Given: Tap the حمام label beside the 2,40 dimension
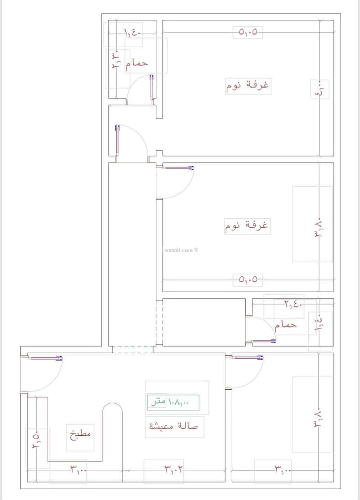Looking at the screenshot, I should (x=285, y=324).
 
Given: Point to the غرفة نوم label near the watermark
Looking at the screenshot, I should (x=247, y=226).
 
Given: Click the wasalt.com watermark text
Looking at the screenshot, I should (x=179, y=251).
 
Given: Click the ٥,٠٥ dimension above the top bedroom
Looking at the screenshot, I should (x=247, y=32).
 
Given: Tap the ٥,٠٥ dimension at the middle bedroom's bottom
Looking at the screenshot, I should (x=247, y=279).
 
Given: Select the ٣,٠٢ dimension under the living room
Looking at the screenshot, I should (x=173, y=469).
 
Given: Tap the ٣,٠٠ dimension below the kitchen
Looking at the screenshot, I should (x=78, y=469).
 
